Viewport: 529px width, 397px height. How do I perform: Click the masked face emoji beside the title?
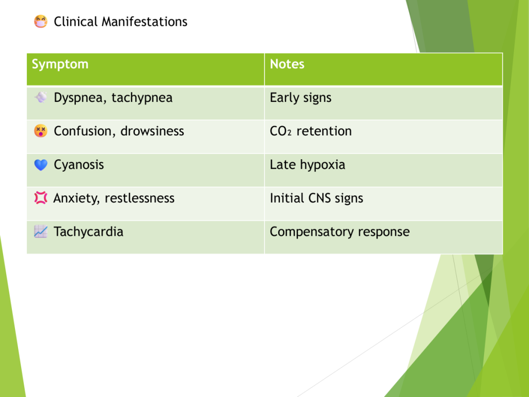tap(40, 22)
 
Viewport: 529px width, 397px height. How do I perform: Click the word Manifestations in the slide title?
tap(145, 22)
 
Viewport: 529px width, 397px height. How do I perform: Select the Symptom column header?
tap(60, 65)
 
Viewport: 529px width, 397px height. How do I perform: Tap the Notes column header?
tap(287, 64)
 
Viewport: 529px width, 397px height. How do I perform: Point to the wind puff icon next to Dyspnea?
tap(40, 97)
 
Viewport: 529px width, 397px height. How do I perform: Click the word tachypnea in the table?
tap(142, 98)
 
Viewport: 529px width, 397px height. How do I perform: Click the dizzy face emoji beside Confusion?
tap(40, 131)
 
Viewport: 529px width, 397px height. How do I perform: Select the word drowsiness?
tap(152, 131)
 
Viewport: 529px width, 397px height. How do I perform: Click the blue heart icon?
tap(41, 165)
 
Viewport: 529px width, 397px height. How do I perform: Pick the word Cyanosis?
tap(79, 165)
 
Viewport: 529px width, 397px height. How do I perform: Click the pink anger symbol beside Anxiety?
tap(40, 198)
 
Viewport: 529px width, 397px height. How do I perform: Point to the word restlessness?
tap(139, 198)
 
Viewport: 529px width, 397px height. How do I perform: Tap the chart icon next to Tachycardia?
tap(40, 232)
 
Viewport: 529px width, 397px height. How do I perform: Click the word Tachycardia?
tap(88, 232)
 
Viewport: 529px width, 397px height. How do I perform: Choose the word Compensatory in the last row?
tap(312, 232)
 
